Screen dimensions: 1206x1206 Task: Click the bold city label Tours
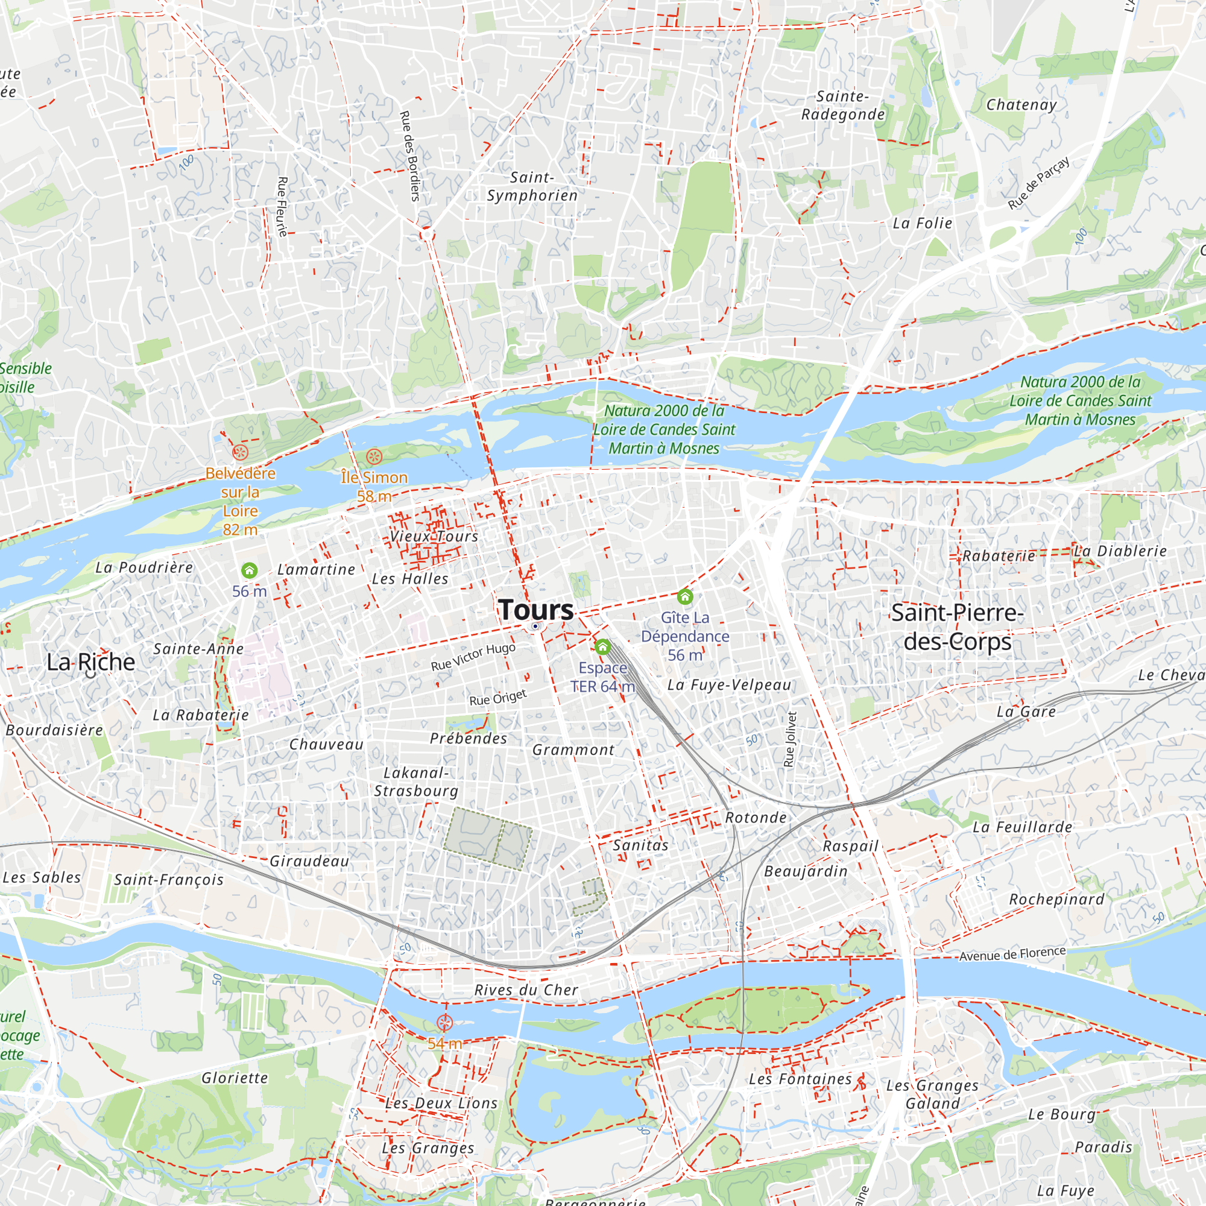535,610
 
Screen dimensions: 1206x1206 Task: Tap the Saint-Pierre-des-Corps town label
957,627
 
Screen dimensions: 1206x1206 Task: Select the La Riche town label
90,661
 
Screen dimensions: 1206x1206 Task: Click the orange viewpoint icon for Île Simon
373,456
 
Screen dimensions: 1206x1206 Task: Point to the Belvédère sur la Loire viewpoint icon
241,453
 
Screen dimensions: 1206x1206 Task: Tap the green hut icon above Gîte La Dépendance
685,597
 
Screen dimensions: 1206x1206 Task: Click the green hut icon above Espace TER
602,646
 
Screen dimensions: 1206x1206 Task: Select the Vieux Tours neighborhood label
434,536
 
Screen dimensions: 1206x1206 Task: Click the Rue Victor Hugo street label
473,656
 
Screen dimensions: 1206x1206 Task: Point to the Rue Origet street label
497,697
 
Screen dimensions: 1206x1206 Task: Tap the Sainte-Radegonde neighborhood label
843,106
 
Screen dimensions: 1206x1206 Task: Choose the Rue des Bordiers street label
409,156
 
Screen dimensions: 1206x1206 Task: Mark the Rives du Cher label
526,990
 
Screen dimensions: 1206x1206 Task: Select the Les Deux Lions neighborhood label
441,1103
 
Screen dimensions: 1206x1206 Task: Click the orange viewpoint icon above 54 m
444,1023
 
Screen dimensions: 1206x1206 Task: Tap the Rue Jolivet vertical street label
791,739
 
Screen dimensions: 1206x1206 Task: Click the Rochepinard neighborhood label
1056,900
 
